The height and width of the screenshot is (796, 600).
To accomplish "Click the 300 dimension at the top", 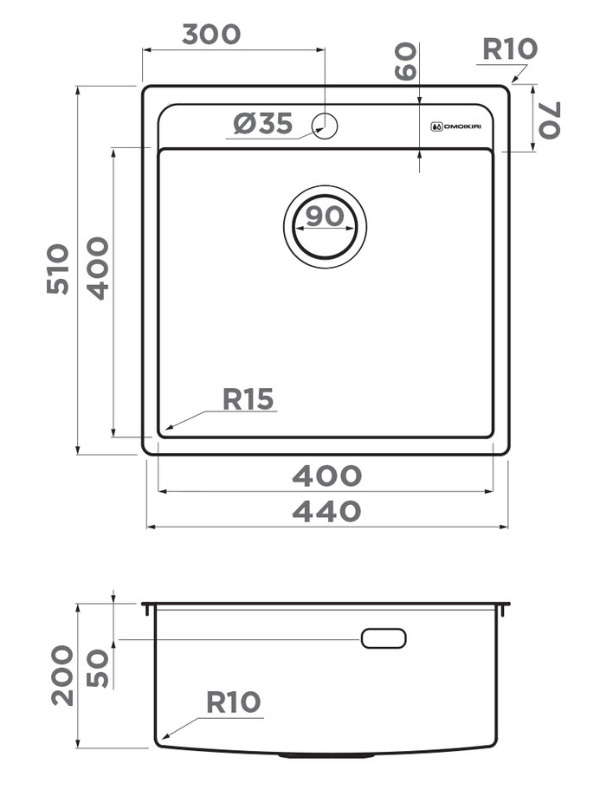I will pyautogui.click(x=210, y=34).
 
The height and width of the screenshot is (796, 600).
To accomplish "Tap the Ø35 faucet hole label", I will pyautogui.click(x=262, y=125).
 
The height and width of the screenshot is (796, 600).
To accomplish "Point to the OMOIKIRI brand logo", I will pyautogui.click(x=456, y=126).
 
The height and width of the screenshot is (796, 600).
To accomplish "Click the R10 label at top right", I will pyautogui.click(x=509, y=49).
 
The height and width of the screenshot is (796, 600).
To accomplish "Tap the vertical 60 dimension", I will pyautogui.click(x=405, y=61).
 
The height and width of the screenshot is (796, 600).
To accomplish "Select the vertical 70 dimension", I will pyautogui.click(x=549, y=120).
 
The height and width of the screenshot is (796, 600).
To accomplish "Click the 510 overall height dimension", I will pyautogui.click(x=58, y=269).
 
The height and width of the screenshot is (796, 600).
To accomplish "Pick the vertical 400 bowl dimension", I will pyautogui.click(x=98, y=269).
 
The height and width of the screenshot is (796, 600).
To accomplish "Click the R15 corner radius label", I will pyautogui.click(x=248, y=399).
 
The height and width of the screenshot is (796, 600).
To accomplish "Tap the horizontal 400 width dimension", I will pyautogui.click(x=326, y=476).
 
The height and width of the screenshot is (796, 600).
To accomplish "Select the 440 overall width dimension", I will pyautogui.click(x=326, y=512).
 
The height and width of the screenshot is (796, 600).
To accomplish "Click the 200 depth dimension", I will pyautogui.click(x=61, y=676).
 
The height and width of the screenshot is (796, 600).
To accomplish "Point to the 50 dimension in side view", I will pyautogui.click(x=99, y=668).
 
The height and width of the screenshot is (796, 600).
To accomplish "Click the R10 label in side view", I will pyautogui.click(x=233, y=702).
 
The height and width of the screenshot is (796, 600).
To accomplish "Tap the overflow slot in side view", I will pyautogui.click(x=384, y=638).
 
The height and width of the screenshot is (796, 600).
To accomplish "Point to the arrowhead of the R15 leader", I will pyautogui.click(x=168, y=428).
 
